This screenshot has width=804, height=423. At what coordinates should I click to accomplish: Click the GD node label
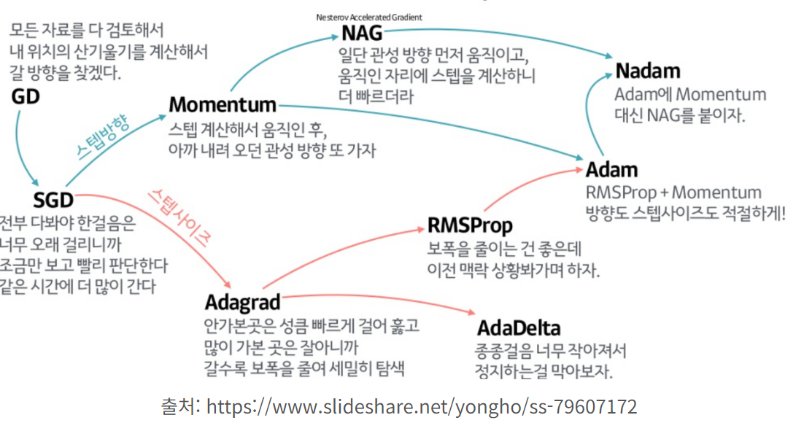tap(26, 96)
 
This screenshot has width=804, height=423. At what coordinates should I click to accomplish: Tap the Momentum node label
tap(223, 105)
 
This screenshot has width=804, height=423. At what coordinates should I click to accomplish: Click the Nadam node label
tap(648, 71)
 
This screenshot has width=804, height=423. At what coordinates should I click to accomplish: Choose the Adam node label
tap(611, 170)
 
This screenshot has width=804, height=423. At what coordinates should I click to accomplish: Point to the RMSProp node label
tap(470, 225)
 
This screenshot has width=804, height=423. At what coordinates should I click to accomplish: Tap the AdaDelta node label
tap(519, 327)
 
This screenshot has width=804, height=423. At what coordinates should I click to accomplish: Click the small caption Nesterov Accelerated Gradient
tap(369, 17)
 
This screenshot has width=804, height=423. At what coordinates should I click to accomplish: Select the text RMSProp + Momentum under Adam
tap(673, 193)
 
